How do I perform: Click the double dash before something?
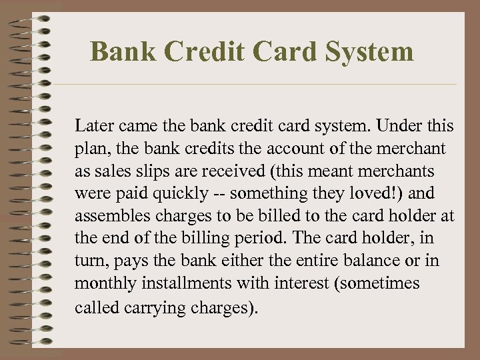[x=221, y=193]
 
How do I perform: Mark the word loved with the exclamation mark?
[x=379, y=193]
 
